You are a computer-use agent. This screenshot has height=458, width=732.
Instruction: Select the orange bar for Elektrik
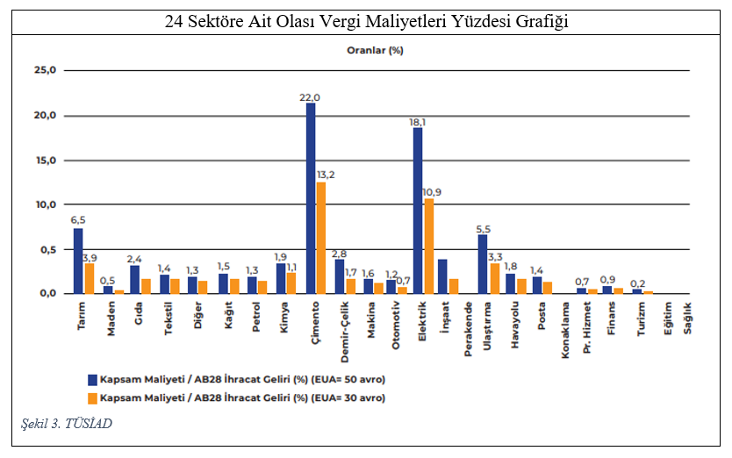[x=428, y=246]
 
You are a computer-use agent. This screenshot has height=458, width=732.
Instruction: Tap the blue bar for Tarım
[x=78, y=261]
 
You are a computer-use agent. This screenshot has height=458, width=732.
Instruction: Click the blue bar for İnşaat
[x=442, y=276]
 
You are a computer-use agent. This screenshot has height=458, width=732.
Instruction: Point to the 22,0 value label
[x=310, y=97]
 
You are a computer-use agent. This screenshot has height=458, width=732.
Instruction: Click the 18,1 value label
[x=418, y=122]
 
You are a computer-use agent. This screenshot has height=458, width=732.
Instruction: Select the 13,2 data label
[x=326, y=175]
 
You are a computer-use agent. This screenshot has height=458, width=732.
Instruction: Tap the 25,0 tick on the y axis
[x=44, y=70]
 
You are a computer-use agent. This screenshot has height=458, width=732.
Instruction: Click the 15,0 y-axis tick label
[x=44, y=161]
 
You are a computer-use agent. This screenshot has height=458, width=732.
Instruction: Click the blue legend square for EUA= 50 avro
[x=90, y=380]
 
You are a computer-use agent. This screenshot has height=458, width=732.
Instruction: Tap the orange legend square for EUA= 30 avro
[x=90, y=397]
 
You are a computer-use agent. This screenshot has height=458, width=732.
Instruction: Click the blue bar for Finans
[x=606, y=290]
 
